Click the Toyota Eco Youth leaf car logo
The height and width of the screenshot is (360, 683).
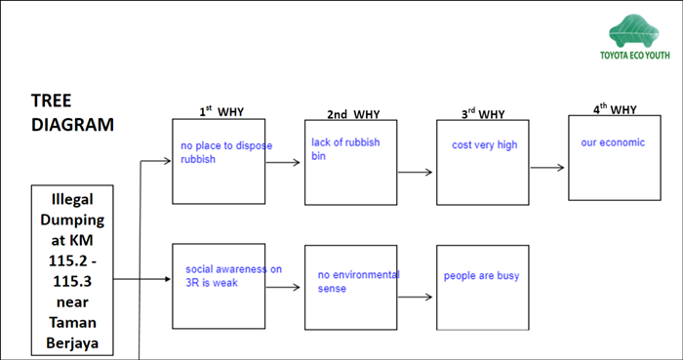coord(634,31)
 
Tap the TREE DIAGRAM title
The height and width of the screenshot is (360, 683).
coord(72,113)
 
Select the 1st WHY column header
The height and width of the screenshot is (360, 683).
coord(221,111)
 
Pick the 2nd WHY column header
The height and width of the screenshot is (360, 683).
coord(353,114)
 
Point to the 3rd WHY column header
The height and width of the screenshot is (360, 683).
coord(483,113)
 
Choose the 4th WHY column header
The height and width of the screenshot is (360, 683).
coord(615,109)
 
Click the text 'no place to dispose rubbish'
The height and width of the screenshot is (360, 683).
coord(226,152)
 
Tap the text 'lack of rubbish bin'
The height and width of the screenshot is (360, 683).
coord(345,149)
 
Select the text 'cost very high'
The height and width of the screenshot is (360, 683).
coord(484,145)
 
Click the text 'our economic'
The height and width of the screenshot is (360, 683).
coord(613,142)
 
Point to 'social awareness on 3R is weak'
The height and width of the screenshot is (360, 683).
coord(233,275)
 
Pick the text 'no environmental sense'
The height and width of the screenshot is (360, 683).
coord(358,281)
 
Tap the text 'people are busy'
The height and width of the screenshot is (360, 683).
coord(481,276)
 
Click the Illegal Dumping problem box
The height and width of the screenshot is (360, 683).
coord(72,270)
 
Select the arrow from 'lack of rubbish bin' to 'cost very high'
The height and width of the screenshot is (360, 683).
coord(415,173)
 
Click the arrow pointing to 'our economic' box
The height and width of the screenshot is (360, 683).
coord(547,168)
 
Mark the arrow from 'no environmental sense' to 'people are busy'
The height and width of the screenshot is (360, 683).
coord(415,298)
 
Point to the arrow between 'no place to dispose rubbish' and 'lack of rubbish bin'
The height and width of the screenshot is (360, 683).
coord(283,163)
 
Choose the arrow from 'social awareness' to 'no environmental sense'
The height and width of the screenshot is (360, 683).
coord(283,287)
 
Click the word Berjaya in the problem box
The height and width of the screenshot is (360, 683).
coord(72,343)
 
